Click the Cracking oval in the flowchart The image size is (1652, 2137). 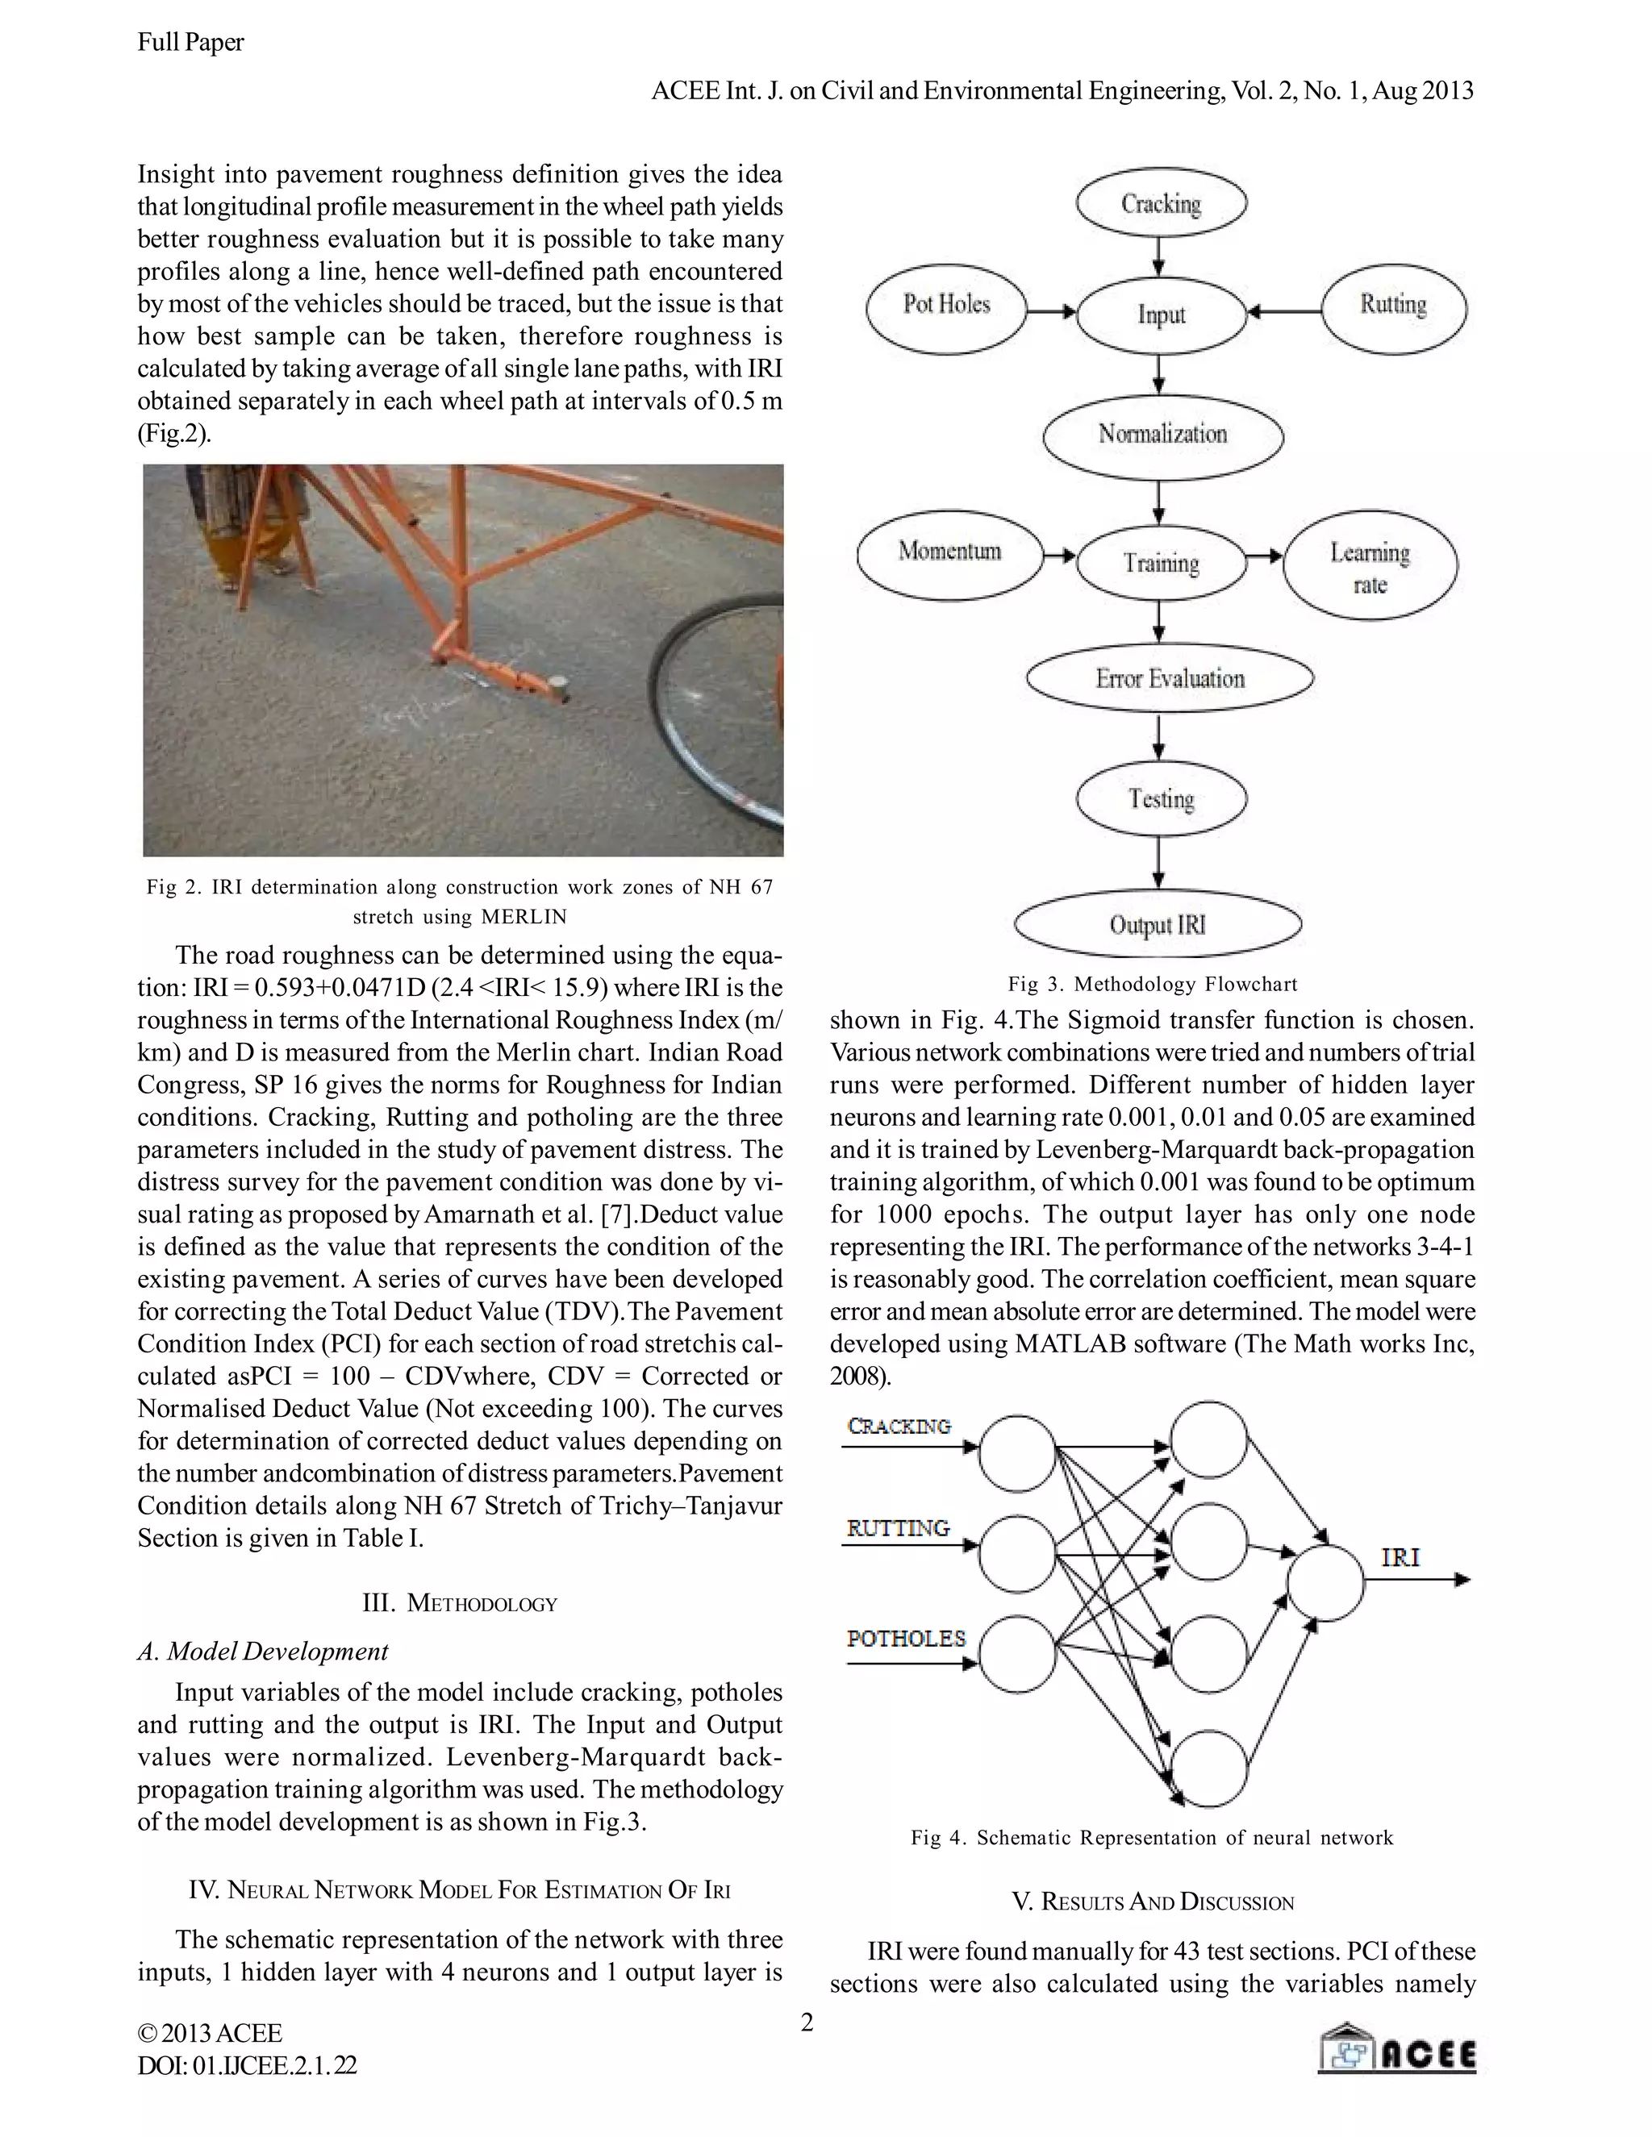(x=1161, y=203)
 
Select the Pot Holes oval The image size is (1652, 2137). (x=946, y=307)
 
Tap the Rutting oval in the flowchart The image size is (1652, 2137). (x=1394, y=307)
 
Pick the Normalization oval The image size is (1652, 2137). (x=1162, y=435)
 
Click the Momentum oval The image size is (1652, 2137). (x=949, y=553)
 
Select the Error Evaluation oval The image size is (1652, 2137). (x=1170, y=679)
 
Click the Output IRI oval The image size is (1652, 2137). (x=1158, y=923)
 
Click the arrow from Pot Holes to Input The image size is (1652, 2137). (x=1051, y=312)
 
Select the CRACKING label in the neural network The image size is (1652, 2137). (x=899, y=1427)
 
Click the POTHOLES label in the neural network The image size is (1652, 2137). (x=905, y=1638)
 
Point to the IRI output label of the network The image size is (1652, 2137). (x=1400, y=1558)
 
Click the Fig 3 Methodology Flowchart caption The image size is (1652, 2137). (x=1152, y=983)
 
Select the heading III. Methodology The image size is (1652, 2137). (x=459, y=1603)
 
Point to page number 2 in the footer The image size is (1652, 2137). (x=807, y=2022)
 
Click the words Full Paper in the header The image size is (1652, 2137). (x=191, y=42)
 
